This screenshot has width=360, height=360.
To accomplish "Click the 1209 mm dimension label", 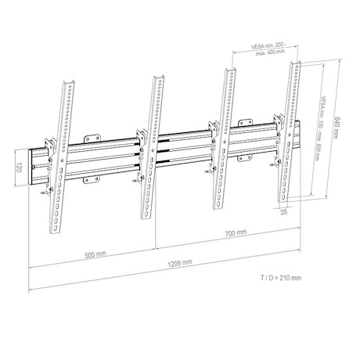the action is point(180,263).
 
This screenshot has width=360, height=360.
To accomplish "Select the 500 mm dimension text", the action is point(95,254).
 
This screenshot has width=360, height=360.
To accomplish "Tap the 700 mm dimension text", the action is point(236,232).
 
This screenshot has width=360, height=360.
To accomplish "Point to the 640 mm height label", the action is point(337,128).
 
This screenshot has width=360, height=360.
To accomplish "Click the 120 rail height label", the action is point(19,167).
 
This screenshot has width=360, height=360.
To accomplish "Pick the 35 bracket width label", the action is point(284,212).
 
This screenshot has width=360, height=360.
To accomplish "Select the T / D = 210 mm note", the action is point(281,278).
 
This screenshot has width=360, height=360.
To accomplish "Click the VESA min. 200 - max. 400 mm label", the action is point(269,49).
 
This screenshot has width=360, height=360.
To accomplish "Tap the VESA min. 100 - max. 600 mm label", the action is point(320,128).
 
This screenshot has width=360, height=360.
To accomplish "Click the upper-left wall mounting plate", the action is point(92,139).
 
